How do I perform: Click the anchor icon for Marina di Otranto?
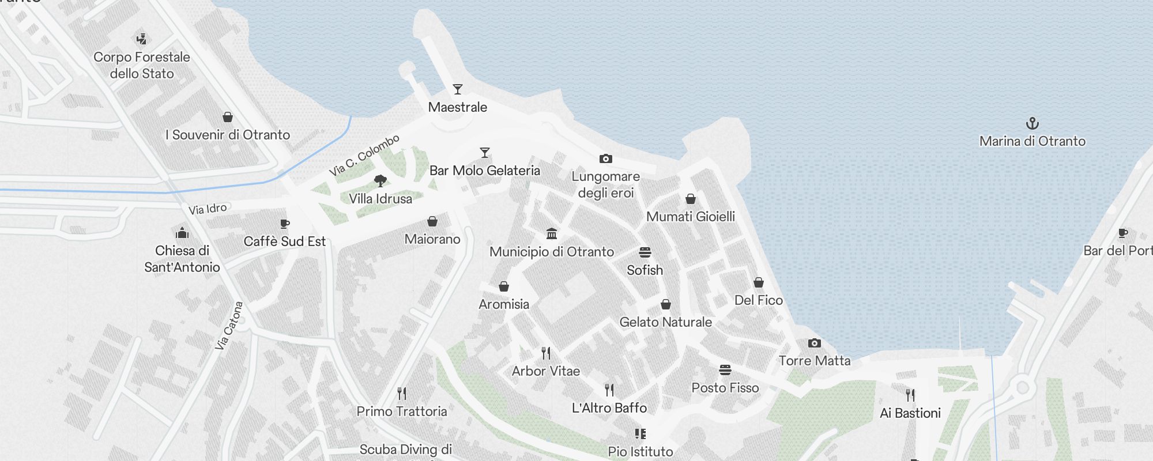coord(1032,123)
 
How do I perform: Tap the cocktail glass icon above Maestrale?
coord(458,89)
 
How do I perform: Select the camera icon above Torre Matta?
coord(814,343)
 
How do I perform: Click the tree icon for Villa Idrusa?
coord(380,181)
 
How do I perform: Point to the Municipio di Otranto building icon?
coord(552,233)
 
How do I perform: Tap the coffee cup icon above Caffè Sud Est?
coord(284,224)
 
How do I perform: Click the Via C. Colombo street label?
coord(364,155)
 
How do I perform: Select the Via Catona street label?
coord(229,326)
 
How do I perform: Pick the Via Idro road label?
coord(208,209)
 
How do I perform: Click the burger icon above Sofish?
coord(645,252)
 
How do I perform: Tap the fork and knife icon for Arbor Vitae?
coord(546,353)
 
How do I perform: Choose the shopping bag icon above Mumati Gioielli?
coord(691,199)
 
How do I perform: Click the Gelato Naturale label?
coord(665,322)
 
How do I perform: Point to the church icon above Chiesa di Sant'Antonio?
coord(182,233)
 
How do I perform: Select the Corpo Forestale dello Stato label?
coord(142,65)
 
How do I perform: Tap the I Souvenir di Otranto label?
coord(228,135)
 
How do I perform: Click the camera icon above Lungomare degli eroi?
coord(605,158)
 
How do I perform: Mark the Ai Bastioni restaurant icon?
coord(910,395)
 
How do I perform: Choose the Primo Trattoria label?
coord(402,411)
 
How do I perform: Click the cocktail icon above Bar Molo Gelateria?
coord(485,153)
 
